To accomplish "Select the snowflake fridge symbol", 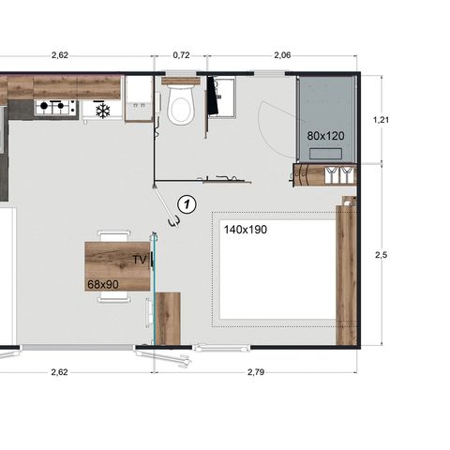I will tap(103, 111).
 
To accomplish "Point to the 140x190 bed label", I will tap(245, 228).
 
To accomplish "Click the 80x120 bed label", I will tap(325, 135).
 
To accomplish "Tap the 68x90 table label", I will tap(104, 281).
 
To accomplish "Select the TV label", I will tap(140, 259).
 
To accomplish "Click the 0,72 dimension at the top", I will tap(182, 55).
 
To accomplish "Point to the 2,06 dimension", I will tap(281, 55).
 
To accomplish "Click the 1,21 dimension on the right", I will tap(381, 120).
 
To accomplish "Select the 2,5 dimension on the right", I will tap(380, 254).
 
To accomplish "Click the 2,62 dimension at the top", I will tap(60, 55).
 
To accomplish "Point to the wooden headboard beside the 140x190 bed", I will tap(347, 272).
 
